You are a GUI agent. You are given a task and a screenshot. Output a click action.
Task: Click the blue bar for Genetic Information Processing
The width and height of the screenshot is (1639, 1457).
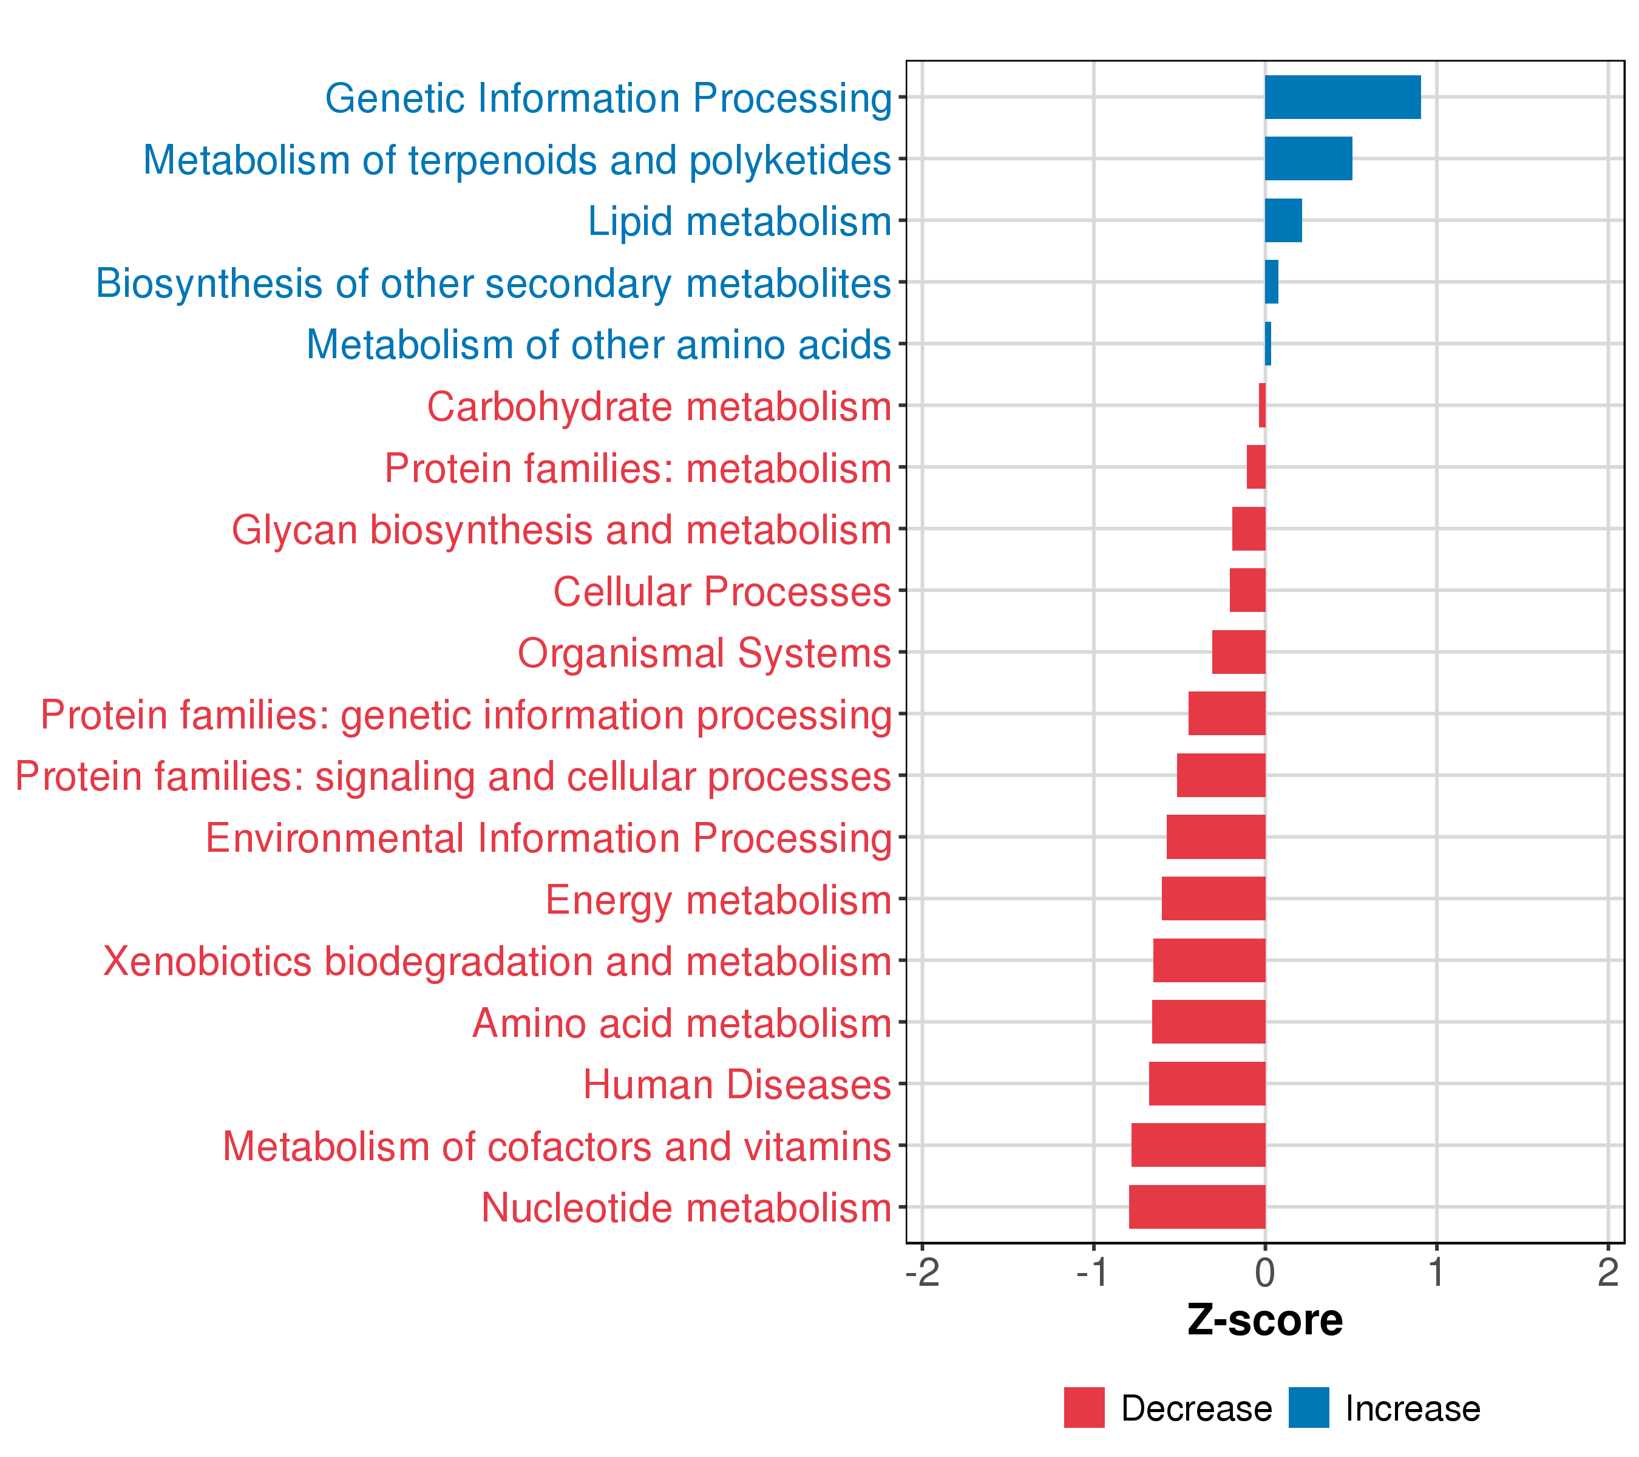(x=1343, y=97)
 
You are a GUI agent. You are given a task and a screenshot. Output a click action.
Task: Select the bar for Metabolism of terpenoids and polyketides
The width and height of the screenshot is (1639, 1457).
(x=1309, y=159)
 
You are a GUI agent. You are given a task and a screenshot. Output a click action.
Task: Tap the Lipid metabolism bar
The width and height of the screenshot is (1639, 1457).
(x=1284, y=220)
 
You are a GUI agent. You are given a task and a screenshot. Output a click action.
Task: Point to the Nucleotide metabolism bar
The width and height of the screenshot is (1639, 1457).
(x=1197, y=1207)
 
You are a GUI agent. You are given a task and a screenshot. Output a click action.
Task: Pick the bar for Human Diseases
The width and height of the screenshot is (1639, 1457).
(x=1207, y=1083)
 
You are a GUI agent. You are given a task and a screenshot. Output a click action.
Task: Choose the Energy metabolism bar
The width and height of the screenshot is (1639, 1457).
(x=1213, y=898)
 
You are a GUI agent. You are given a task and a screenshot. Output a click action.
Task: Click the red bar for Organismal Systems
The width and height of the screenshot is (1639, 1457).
(x=1239, y=652)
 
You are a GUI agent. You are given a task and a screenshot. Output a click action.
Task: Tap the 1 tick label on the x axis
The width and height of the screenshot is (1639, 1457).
(x=1437, y=1272)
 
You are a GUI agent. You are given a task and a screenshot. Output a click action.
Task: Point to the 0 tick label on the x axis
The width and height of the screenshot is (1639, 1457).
(x=1265, y=1272)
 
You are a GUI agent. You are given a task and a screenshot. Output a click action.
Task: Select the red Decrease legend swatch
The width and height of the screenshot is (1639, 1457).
(x=1084, y=1407)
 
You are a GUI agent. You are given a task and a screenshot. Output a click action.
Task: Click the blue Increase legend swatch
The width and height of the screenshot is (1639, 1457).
(x=1309, y=1407)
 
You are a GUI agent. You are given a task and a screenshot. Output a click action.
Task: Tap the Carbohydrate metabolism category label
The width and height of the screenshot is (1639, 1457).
(x=659, y=407)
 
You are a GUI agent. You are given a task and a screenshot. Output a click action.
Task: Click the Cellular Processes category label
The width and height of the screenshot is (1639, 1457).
(x=722, y=592)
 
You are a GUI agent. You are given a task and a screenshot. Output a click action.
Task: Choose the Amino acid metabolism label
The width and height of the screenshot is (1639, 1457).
(x=682, y=1023)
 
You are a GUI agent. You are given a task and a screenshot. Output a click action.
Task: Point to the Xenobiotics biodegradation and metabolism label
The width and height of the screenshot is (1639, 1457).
(x=497, y=962)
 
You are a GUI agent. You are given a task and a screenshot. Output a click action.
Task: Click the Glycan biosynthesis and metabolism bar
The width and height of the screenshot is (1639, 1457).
(x=1249, y=528)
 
